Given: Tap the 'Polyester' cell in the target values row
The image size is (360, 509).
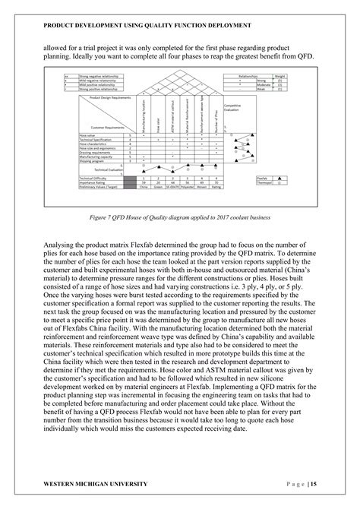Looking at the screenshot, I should pyautogui.click(x=189, y=186).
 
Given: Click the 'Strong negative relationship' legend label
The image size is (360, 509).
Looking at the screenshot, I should pyautogui.click(x=98, y=76).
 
